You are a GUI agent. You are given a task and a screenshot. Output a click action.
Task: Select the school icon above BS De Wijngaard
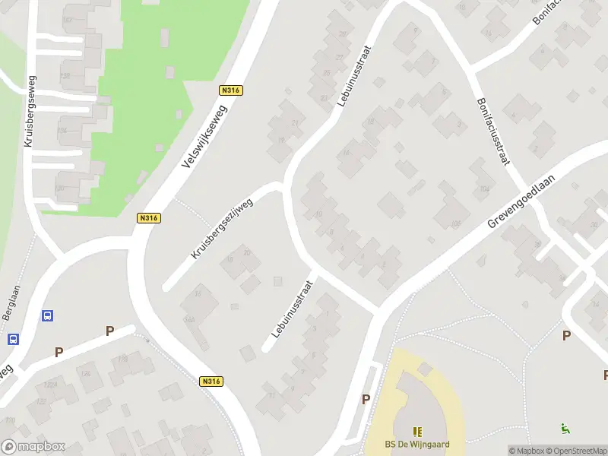pyautogui.click(x=416, y=431)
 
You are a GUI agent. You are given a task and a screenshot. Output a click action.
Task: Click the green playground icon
pyautogui.click(x=565, y=429)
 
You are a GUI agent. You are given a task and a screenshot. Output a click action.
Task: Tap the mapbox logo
pyautogui.click(x=33, y=447)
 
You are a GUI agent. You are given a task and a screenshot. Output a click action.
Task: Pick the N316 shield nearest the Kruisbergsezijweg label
pyautogui.click(x=149, y=218)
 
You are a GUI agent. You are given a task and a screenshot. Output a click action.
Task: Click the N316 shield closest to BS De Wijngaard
pyautogui.click(x=212, y=382)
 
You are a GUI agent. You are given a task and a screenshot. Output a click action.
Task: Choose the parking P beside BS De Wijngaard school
pyautogui.click(x=366, y=399)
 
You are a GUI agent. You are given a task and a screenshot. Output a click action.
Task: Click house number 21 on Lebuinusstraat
pyautogui.click(x=294, y=123)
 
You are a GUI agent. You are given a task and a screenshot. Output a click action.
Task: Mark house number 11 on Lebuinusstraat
pyautogui.click(x=271, y=395)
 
